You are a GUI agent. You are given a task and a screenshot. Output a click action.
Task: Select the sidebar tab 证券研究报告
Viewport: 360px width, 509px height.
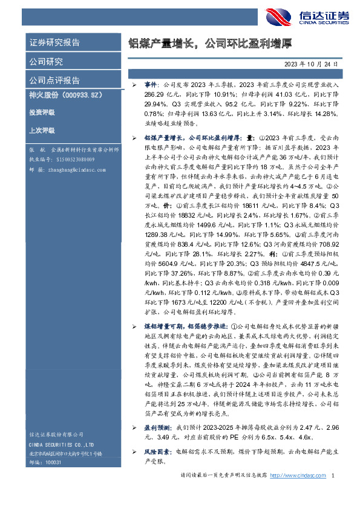[x=55, y=42]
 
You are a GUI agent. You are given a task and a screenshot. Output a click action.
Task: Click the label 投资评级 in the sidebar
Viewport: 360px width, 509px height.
[x=42, y=112]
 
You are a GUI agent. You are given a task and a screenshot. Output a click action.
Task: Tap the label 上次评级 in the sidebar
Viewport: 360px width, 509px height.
[x=42, y=130]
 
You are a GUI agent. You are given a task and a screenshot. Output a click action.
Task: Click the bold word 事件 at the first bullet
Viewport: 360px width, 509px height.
[x=150, y=86]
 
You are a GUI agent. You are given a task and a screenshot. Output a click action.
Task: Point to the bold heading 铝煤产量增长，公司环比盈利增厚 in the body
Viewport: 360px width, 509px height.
[x=188, y=138]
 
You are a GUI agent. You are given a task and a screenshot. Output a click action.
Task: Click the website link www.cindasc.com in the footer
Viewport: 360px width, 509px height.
[x=303, y=476]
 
